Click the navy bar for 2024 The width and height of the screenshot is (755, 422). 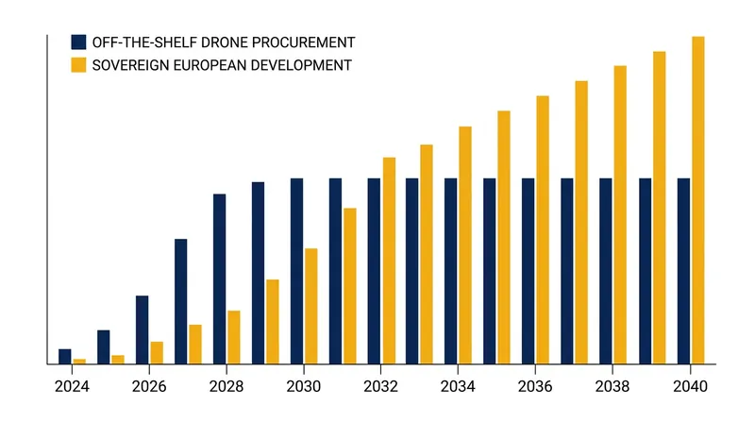pyautogui.click(x=65, y=357)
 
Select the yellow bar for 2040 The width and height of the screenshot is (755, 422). pyautogui.click(x=698, y=200)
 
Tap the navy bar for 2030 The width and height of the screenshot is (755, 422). pyautogui.click(x=297, y=271)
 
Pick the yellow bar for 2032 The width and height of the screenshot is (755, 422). pyautogui.click(x=389, y=261)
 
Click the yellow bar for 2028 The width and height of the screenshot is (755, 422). pyautogui.click(x=234, y=337)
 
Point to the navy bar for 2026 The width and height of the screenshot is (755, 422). pyautogui.click(x=143, y=330)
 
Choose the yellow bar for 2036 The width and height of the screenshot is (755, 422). pyautogui.click(x=543, y=229)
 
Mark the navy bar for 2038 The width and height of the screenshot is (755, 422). pyautogui.click(x=606, y=271)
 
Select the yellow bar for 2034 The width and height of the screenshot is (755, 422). pyautogui.click(x=465, y=245)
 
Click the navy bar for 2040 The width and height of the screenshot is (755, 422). pyautogui.click(x=683, y=271)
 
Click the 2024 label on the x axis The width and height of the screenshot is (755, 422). pyautogui.click(x=72, y=386)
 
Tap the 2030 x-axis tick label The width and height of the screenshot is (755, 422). pyautogui.click(x=303, y=386)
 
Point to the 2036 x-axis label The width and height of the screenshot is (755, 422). pyautogui.click(x=535, y=386)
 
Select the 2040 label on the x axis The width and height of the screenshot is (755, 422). pyautogui.click(x=690, y=386)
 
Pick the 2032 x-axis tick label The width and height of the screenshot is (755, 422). pyautogui.click(x=380, y=386)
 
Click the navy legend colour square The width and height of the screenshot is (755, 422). pyautogui.click(x=78, y=42)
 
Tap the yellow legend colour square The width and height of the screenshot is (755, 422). pyautogui.click(x=78, y=65)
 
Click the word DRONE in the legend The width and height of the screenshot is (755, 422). pyautogui.click(x=224, y=42)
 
